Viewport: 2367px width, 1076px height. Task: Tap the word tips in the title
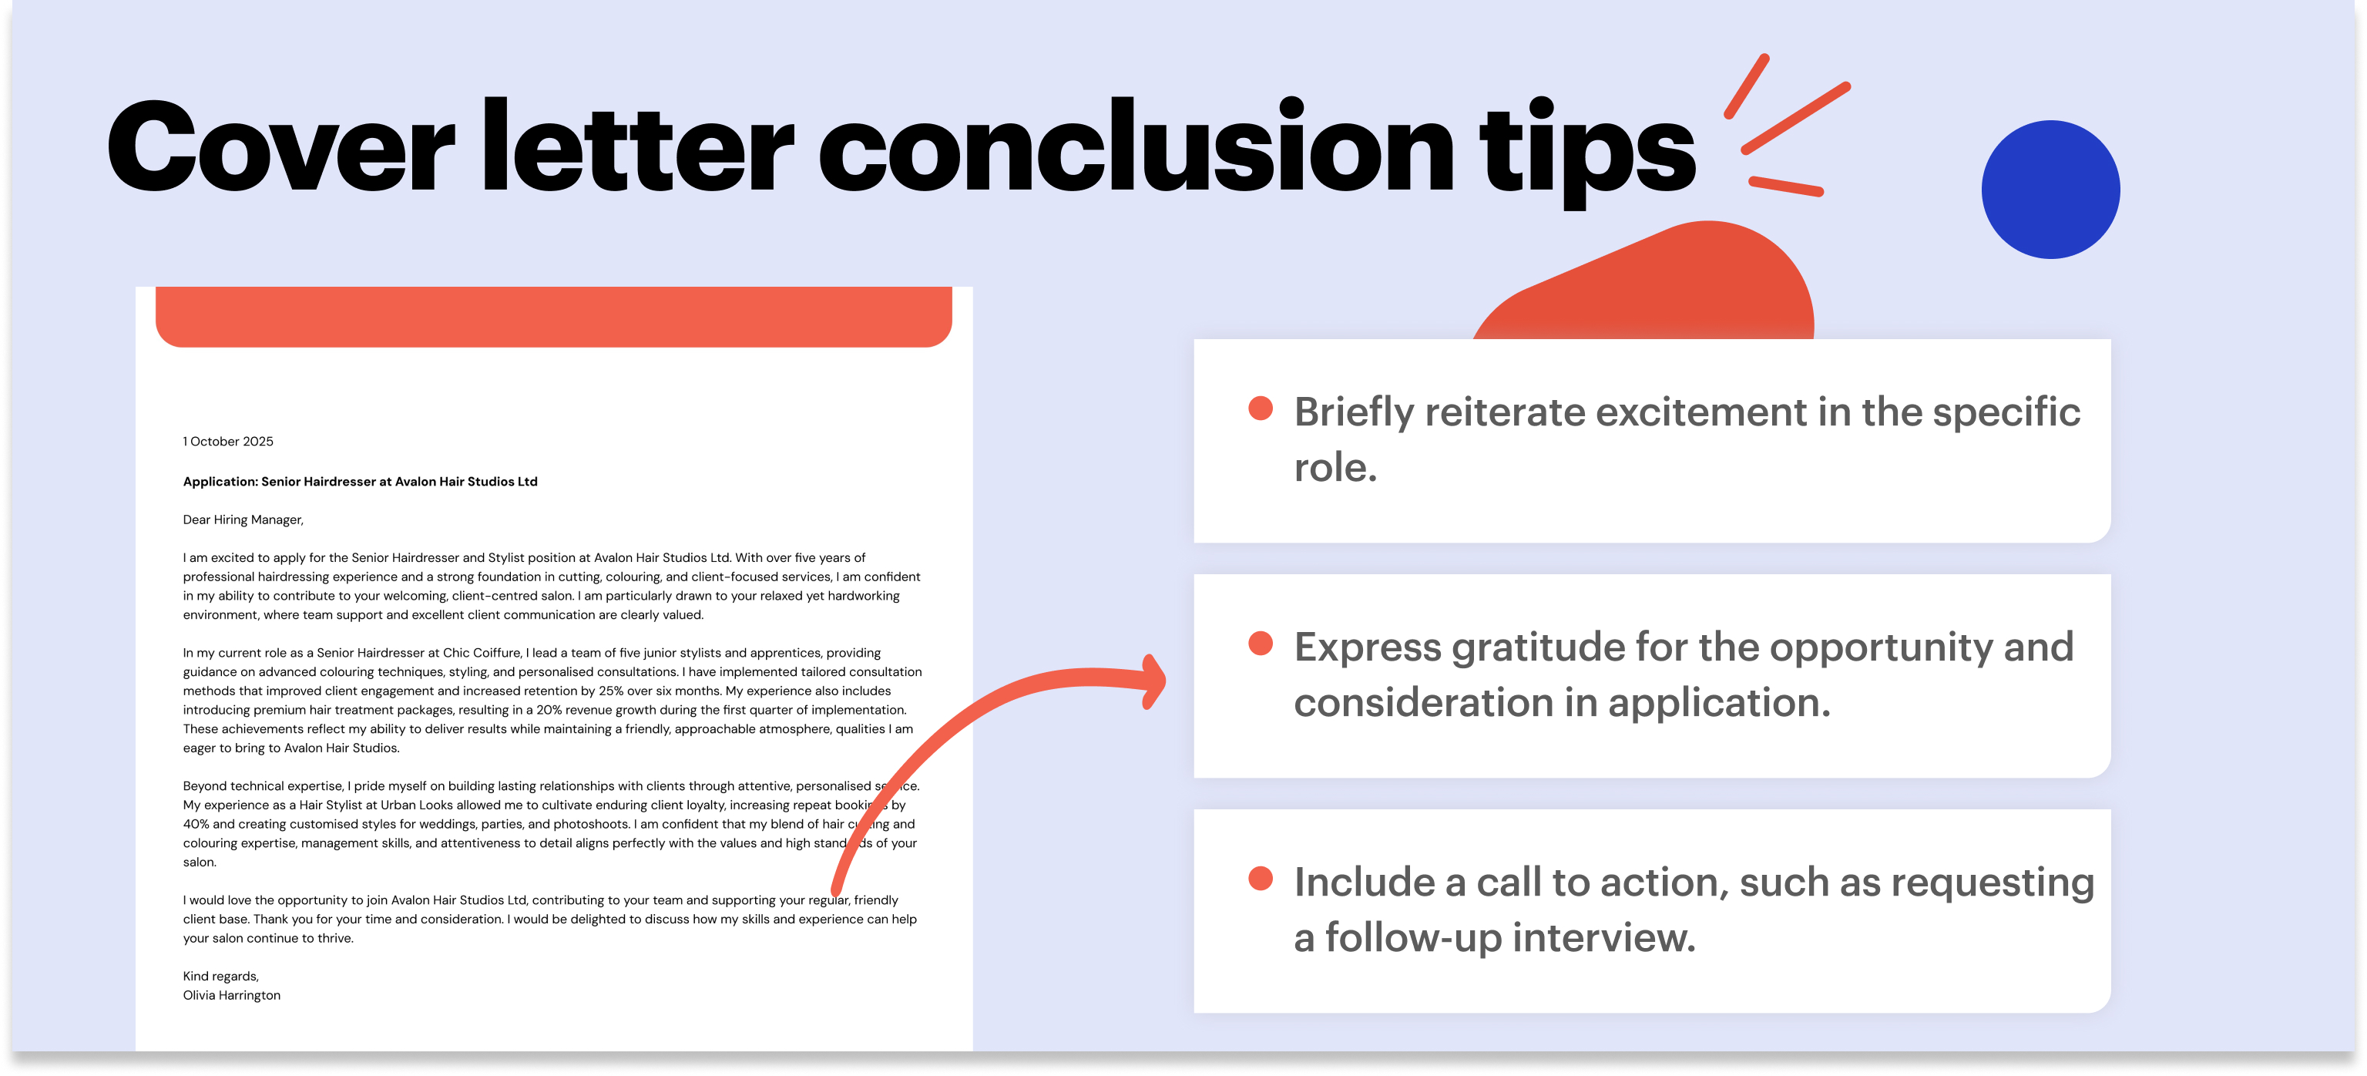click(x=1587, y=153)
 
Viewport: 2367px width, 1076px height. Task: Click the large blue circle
click(x=2050, y=190)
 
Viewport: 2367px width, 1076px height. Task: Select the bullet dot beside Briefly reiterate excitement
click(x=1260, y=409)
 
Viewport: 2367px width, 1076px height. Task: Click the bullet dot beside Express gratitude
click(x=1260, y=644)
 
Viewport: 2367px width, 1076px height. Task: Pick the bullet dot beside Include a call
click(x=1260, y=879)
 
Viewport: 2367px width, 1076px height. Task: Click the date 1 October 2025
click(x=228, y=441)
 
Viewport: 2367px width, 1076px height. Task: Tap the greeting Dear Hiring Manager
click(x=243, y=520)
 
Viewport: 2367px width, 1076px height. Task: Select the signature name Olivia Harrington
click(x=232, y=995)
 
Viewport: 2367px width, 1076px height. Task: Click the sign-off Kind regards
click(x=220, y=976)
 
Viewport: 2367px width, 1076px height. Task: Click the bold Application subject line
click(x=360, y=482)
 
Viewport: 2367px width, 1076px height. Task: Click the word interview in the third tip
click(x=1603, y=937)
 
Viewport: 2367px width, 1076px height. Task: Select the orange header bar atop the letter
click(x=553, y=316)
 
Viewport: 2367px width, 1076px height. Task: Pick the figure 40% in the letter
click(x=196, y=824)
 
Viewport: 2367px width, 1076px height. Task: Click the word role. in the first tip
click(x=1335, y=468)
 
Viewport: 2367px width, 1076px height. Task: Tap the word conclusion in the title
click(x=1136, y=147)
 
